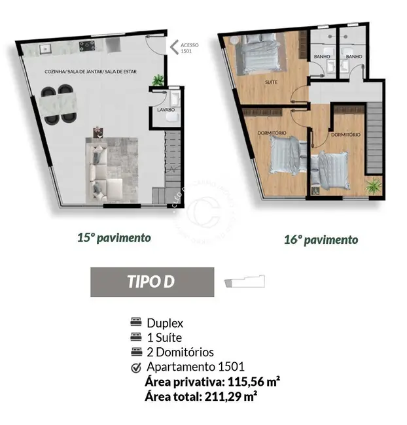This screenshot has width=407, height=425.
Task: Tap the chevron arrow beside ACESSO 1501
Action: [x=174, y=46]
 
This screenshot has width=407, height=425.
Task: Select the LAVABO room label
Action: [x=166, y=110]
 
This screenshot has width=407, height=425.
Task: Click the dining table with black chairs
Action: [x=60, y=105]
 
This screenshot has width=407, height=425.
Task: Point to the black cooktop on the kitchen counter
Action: [x=87, y=46]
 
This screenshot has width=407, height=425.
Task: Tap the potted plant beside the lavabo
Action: [x=158, y=80]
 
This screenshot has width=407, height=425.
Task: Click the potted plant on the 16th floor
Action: [x=373, y=186]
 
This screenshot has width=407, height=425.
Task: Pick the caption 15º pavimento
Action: [x=114, y=237]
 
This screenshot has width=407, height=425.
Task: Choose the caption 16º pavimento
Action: [x=321, y=239]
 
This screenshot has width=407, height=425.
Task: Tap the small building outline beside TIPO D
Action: [x=245, y=282]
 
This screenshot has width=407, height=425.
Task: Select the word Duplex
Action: [x=165, y=323]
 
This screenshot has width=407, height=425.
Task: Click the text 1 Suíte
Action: [x=164, y=338]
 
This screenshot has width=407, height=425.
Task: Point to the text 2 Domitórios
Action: [x=180, y=352]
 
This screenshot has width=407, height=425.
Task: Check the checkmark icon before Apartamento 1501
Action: [x=136, y=367]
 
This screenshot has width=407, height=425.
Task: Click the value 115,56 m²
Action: [x=253, y=381]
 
